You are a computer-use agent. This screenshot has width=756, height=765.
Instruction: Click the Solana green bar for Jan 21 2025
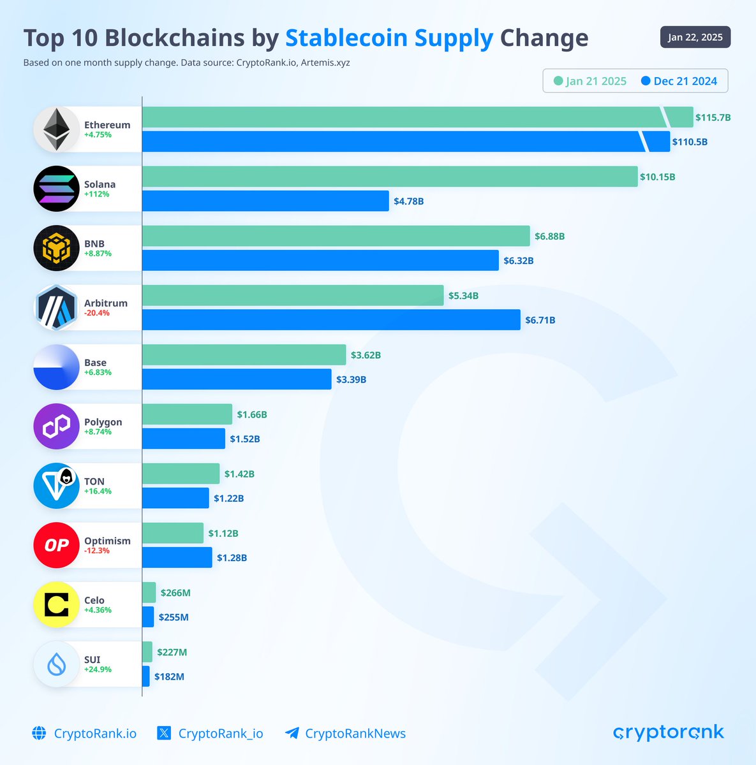click(389, 177)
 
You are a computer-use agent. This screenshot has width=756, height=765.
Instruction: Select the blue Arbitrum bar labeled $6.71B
click(330, 319)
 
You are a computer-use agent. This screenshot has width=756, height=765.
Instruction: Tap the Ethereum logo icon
click(56, 129)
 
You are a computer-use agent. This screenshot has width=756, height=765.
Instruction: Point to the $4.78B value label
click(408, 201)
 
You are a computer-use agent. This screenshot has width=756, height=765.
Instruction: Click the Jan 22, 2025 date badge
click(695, 37)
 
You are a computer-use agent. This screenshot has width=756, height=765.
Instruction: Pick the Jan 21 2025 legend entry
click(590, 81)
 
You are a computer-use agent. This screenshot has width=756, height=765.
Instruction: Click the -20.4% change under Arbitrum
click(97, 313)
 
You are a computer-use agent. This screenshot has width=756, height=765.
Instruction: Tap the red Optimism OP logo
click(56, 545)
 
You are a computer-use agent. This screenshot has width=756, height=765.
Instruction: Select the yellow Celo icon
click(56, 604)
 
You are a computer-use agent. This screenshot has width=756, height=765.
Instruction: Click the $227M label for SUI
click(172, 652)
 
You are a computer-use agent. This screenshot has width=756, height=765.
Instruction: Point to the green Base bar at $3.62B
click(244, 355)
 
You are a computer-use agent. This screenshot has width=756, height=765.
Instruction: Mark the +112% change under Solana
click(97, 194)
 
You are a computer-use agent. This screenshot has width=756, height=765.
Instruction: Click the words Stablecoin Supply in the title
click(389, 38)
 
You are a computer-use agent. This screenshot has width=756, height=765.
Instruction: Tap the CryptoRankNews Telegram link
click(345, 733)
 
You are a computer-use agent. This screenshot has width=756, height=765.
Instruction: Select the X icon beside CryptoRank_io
click(164, 733)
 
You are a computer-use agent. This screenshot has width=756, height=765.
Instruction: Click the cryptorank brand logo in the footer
click(668, 732)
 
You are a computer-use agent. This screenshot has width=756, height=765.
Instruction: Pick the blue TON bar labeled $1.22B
click(175, 498)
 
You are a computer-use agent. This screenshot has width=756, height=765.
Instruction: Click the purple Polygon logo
click(56, 426)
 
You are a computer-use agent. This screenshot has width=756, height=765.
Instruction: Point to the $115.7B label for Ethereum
click(713, 117)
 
